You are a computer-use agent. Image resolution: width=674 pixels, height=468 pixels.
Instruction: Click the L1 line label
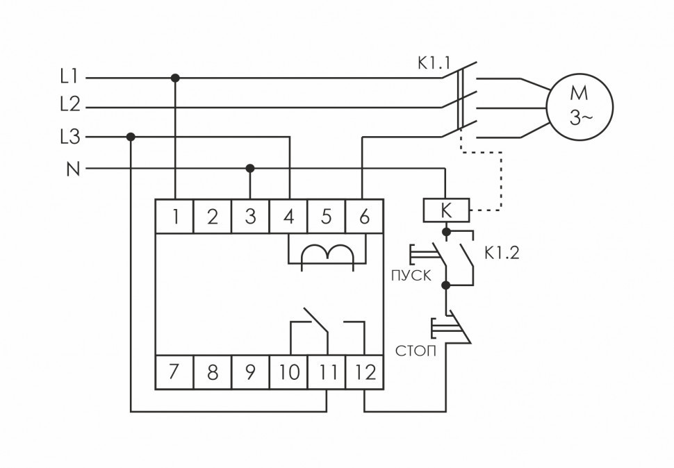(x=69, y=77)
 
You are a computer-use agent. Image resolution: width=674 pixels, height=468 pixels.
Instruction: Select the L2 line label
(x=69, y=106)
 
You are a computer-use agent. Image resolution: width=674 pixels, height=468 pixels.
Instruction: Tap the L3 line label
(x=69, y=137)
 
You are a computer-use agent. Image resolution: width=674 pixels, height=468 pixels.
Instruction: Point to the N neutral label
(x=72, y=169)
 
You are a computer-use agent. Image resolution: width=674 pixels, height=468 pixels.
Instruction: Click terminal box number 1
(x=174, y=217)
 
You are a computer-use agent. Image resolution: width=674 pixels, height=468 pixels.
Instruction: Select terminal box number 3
(x=250, y=217)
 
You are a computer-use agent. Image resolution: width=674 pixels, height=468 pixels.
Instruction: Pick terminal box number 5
(x=326, y=217)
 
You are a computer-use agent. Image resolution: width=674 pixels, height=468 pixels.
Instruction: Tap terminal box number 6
(x=363, y=217)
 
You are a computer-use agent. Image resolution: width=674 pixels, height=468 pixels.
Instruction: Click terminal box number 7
(x=174, y=372)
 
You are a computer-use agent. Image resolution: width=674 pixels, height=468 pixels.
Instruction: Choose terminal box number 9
(x=250, y=372)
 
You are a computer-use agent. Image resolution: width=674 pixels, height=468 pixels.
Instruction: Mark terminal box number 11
(x=326, y=372)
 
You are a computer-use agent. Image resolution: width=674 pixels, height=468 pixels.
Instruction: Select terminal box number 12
(x=363, y=372)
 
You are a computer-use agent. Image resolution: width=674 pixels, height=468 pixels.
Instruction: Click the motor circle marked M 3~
(x=580, y=107)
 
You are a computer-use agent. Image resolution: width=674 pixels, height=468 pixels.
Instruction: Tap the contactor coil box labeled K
(x=446, y=208)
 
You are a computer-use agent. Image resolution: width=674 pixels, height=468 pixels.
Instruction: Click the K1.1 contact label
(x=434, y=64)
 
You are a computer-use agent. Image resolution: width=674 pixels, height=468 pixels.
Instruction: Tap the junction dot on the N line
(x=250, y=168)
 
